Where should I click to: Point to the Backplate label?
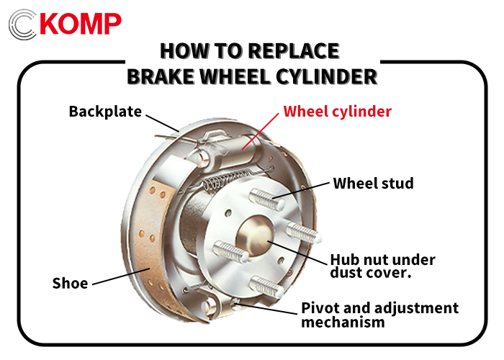[105, 112]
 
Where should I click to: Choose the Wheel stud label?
[373, 184]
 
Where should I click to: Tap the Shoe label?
[70, 283]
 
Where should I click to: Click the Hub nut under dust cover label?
[382, 266]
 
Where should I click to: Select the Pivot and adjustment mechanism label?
[379, 315]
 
